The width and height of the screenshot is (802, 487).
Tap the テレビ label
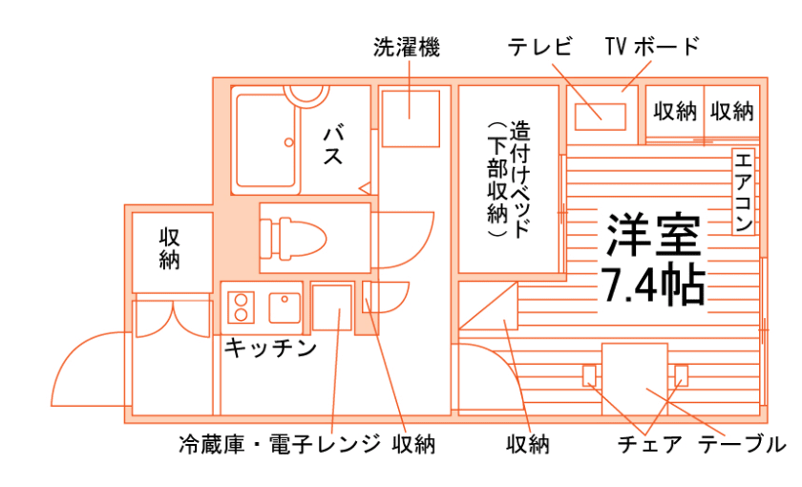[539, 46]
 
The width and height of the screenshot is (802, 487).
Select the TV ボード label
[653, 46]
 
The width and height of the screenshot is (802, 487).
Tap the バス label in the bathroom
[332, 142]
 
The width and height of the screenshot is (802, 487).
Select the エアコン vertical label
[744, 191]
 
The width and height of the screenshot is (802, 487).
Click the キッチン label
[269, 349]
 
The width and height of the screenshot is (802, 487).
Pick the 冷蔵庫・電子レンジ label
[279, 444]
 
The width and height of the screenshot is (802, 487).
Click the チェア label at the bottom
[650, 444]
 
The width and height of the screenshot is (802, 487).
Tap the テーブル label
[742, 444]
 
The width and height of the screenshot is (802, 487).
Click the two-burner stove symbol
[240, 307]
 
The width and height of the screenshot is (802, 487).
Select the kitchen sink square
[285, 307]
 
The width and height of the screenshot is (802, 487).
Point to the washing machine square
[411, 117]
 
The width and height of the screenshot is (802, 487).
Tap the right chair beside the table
[681, 374]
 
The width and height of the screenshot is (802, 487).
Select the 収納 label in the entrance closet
[170, 247]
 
